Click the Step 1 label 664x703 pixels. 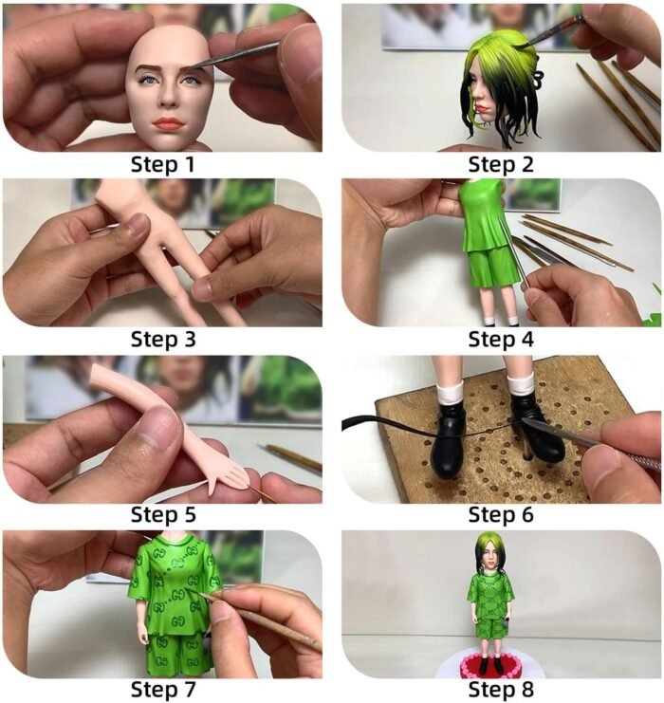[163, 164]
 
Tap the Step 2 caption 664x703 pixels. [501, 164]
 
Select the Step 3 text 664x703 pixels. [163, 340]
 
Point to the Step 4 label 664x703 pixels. [501, 340]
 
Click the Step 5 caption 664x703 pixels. [163, 515]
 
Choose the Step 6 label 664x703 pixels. [501, 515]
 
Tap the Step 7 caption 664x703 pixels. [163, 689]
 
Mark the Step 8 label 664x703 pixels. [501, 689]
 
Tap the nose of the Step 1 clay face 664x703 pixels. [169, 100]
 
